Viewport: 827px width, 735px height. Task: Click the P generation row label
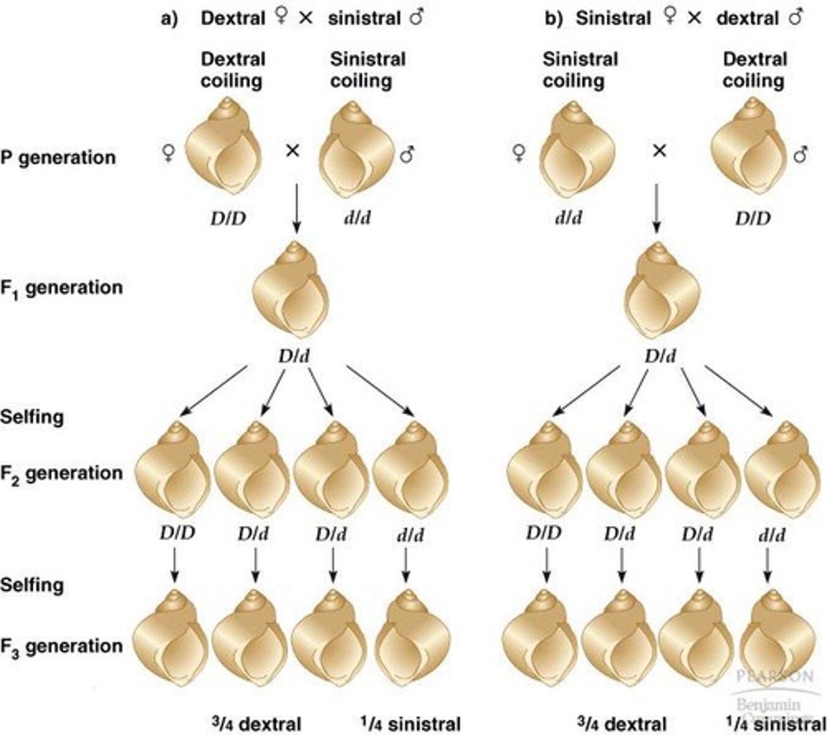click(x=58, y=157)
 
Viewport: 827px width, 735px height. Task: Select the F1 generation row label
click(x=61, y=288)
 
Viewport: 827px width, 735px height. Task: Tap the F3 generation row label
click(x=61, y=647)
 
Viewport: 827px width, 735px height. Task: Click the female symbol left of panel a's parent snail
click(x=167, y=152)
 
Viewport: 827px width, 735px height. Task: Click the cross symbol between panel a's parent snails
click(x=293, y=149)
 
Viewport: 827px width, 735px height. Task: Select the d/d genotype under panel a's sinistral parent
click(x=356, y=217)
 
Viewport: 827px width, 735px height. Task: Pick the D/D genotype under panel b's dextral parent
click(x=753, y=217)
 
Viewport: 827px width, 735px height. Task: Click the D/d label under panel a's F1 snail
click(x=294, y=356)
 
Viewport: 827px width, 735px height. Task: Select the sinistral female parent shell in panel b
click(x=575, y=151)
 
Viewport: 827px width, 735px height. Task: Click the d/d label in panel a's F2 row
click(x=410, y=535)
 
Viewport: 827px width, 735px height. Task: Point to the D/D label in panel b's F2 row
click(x=543, y=533)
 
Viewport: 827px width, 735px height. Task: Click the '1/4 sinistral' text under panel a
click(x=407, y=724)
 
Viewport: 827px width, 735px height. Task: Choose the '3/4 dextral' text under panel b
click(x=621, y=724)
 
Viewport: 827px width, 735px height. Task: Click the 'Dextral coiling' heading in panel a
click(x=233, y=70)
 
